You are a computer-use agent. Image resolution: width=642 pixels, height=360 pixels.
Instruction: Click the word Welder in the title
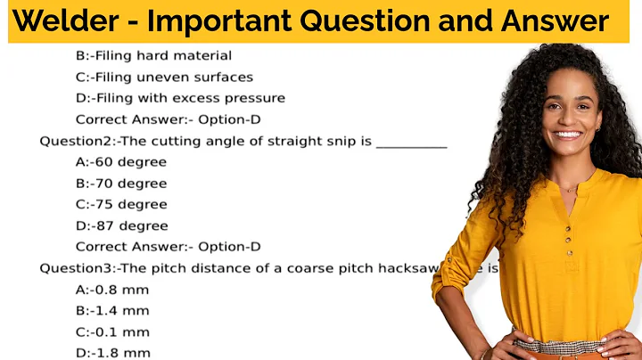coord(68,21)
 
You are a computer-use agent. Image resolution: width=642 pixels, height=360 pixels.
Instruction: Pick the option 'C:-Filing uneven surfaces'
coord(164,78)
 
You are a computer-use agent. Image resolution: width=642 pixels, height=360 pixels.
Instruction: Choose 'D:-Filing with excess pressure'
coord(180,98)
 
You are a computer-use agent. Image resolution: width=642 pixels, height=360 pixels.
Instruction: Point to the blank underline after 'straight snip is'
coord(411,143)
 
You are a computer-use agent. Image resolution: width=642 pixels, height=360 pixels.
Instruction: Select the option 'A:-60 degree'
coord(121,162)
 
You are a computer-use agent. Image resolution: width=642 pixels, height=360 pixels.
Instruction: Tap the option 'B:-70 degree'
coord(121,184)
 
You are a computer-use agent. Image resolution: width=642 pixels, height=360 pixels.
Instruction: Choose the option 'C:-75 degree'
coord(121,204)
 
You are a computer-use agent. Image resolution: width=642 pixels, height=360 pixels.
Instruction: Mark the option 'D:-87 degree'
coord(121,225)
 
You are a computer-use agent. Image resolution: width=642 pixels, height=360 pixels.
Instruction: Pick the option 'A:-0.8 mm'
coord(112,290)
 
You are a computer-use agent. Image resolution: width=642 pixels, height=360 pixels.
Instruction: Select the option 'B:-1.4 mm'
coord(112,311)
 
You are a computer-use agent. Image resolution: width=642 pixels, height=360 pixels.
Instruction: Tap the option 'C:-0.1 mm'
coord(112,331)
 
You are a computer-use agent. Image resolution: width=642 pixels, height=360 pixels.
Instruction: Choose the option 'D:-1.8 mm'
coord(112,353)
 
